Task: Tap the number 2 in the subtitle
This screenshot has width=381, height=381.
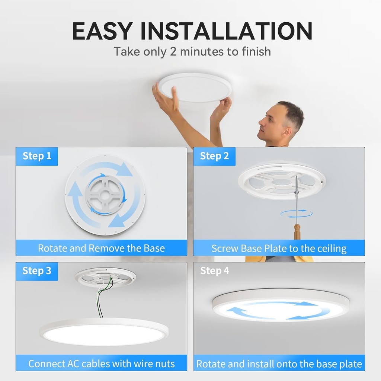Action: pyautogui.click(x=173, y=51)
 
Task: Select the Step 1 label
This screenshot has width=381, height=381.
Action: pyautogui.click(x=37, y=156)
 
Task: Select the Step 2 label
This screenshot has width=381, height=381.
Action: pyautogui.click(x=214, y=156)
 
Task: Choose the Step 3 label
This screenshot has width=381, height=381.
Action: pyautogui.click(x=37, y=271)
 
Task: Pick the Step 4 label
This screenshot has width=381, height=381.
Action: pyautogui.click(x=214, y=271)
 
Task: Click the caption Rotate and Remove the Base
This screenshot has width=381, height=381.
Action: pyautogui.click(x=101, y=248)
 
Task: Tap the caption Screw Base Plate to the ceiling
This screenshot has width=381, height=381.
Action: pyautogui.click(x=279, y=248)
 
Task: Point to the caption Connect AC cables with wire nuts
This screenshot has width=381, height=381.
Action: pyautogui.click(x=101, y=363)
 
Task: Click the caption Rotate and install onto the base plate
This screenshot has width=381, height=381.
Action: pyautogui.click(x=279, y=364)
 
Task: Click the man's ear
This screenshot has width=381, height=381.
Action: pyautogui.click(x=286, y=131)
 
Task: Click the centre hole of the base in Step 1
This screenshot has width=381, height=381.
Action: pyautogui.click(x=105, y=195)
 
